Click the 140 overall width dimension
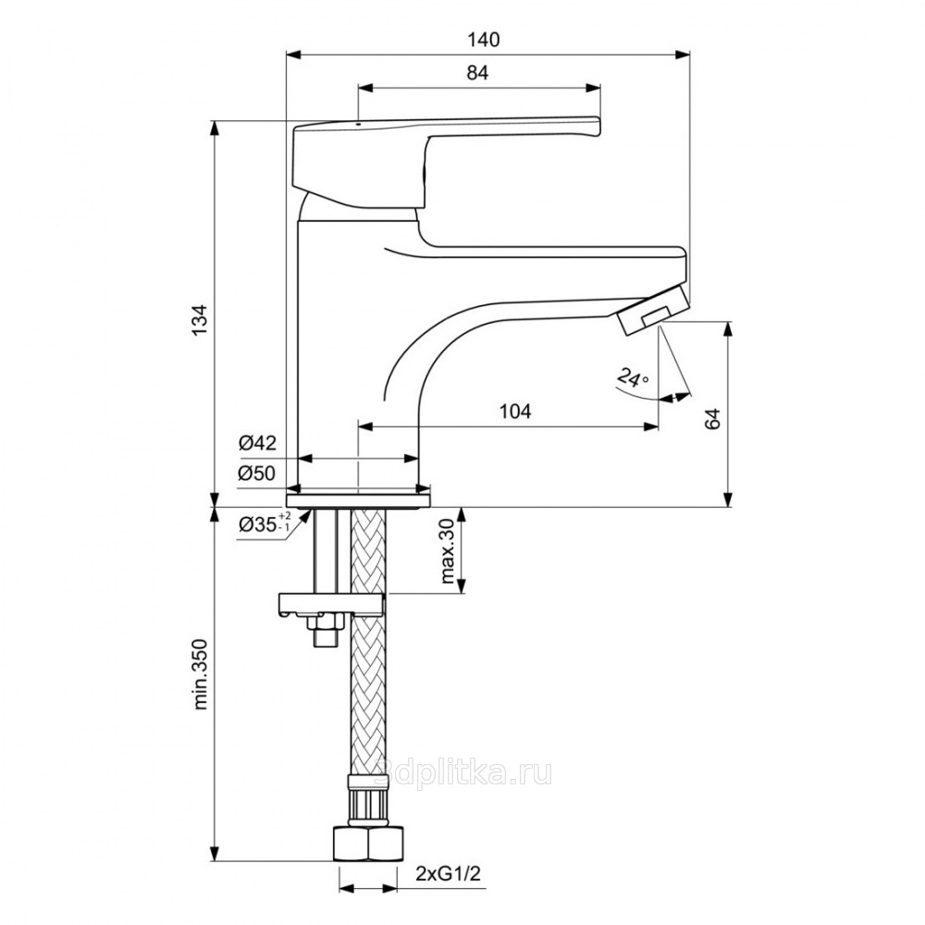(483, 40)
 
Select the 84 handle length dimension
(478, 73)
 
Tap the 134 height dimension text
(200, 320)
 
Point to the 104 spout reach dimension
(515, 411)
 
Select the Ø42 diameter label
(257, 442)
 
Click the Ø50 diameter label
(257, 473)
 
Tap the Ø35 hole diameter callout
(265, 524)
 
